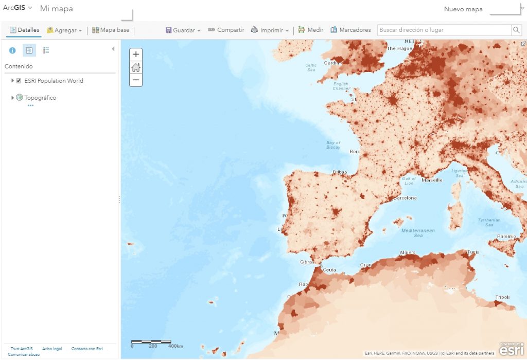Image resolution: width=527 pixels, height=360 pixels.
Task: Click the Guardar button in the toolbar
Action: tap(183, 30)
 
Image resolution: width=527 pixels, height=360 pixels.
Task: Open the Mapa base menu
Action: tap(111, 30)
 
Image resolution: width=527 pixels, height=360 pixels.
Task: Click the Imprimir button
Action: tap(270, 30)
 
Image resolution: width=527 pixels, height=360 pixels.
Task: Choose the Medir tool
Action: tap(311, 30)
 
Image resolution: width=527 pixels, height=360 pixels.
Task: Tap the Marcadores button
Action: tap(350, 30)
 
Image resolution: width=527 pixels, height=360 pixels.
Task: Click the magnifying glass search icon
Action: tap(516, 30)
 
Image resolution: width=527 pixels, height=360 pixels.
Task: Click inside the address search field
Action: tap(444, 30)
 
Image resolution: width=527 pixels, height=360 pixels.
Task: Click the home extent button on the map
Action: tap(136, 67)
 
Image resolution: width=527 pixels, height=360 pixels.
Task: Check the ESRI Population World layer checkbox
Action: tap(19, 81)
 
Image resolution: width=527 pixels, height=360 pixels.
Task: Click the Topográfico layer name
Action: tap(40, 98)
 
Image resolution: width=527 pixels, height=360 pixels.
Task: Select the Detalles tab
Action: tap(24, 30)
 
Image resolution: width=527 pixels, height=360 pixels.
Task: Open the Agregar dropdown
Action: tap(64, 30)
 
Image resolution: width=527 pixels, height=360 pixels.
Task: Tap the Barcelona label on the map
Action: tap(405, 198)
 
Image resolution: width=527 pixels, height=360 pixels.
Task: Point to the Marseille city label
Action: tap(432, 181)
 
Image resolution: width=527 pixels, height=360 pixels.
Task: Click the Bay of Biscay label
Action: tap(333, 145)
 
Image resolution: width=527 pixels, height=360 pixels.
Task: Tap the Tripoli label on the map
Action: tap(502, 297)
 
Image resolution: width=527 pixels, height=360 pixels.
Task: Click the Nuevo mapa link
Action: tap(463, 9)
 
